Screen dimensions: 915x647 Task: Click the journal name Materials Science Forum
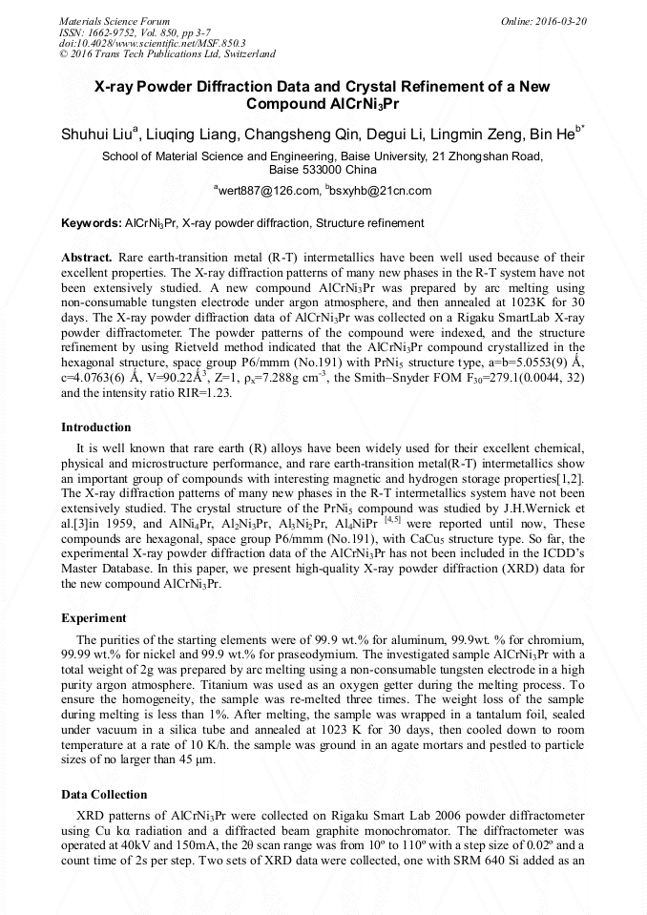[x=115, y=20]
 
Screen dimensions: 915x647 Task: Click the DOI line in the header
[x=152, y=43]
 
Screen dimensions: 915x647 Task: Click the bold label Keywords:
[x=92, y=223]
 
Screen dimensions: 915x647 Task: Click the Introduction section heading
[x=96, y=426]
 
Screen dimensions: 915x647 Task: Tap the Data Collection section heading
[x=104, y=794]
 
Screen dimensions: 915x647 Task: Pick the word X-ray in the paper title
[x=122, y=87]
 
